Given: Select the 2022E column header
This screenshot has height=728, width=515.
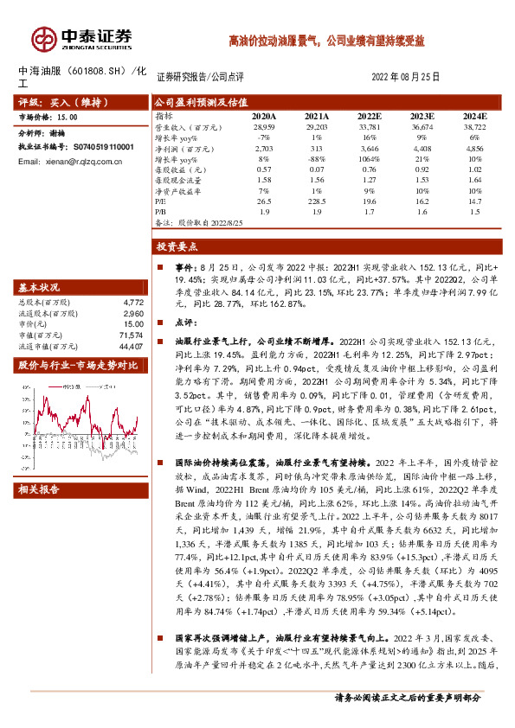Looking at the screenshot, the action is click(x=369, y=115).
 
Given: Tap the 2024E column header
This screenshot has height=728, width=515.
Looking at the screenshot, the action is click(x=475, y=115).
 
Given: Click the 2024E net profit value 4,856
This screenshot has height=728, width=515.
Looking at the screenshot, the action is click(x=475, y=150).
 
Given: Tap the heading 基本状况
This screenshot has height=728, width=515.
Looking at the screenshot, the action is click(x=40, y=287).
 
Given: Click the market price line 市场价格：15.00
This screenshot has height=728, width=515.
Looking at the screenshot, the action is click(x=48, y=116).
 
